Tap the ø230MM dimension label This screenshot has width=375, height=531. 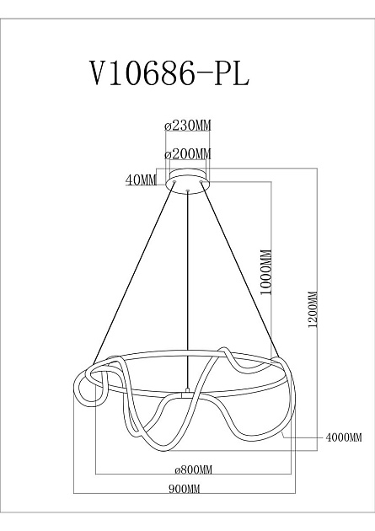tap(187, 126)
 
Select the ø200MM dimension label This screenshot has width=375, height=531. tap(187, 154)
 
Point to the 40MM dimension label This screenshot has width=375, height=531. tap(141, 179)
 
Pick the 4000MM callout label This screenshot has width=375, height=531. tap(343, 437)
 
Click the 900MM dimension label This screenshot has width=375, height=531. tap(187, 488)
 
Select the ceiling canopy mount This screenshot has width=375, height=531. tap(188, 184)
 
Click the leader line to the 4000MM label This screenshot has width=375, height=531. tap(303, 437)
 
